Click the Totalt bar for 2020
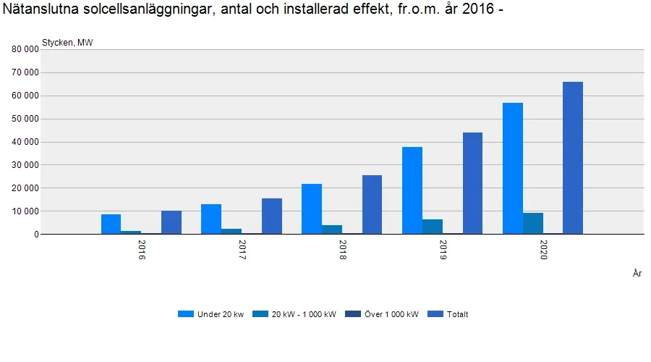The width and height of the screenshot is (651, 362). click(x=573, y=158)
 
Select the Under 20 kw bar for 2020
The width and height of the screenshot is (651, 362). click(x=513, y=169)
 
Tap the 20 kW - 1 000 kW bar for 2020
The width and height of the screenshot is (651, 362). click(x=533, y=224)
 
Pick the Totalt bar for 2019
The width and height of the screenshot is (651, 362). click(x=472, y=183)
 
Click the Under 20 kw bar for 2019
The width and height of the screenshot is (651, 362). click(x=412, y=190)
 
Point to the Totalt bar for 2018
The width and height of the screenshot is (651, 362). click(x=372, y=205)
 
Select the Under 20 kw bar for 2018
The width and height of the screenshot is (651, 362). click(x=312, y=209)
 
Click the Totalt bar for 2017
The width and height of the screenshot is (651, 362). click(x=272, y=216)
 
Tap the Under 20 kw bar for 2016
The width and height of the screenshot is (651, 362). click(x=111, y=224)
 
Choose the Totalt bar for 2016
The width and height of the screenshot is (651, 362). click(x=171, y=222)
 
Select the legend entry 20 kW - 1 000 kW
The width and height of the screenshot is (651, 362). click(x=296, y=314)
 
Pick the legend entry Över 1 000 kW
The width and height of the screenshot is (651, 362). click(x=383, y=314)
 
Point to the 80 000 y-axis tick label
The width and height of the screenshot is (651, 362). click(x=24, y=49)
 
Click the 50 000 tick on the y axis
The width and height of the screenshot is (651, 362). click(x=24, y=119)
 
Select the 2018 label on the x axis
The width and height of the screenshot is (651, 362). click(x=342, y=251)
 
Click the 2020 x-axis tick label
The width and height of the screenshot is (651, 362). click(x=543, y=251)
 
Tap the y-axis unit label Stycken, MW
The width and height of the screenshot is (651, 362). click(x=67, y=42)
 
